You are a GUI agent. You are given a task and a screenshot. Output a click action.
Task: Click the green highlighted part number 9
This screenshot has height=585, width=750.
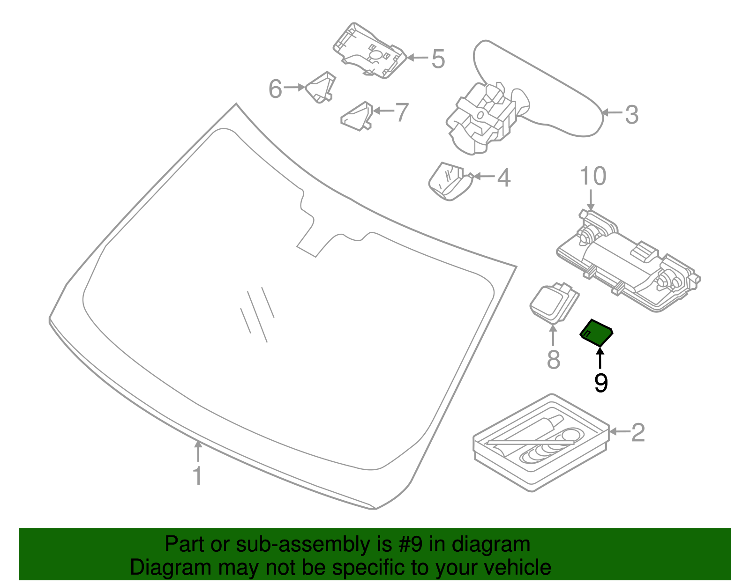pyautogui.click(x=596, y=333)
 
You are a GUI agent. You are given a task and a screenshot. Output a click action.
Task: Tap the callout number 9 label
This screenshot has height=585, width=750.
pyautogui.click(x=600, y=383)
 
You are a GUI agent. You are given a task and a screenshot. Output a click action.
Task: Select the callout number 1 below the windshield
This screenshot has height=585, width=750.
pyautogui.click(x=198, y=475)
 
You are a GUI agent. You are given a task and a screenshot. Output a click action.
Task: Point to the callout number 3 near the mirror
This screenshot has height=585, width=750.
pyautogui.click(x=631, y=114)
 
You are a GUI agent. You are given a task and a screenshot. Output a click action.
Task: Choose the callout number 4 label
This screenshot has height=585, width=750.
pyautogui.click(x=503, y=178)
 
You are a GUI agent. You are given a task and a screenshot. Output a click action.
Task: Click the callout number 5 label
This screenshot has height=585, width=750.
pyautogui.click(x=438, y=59)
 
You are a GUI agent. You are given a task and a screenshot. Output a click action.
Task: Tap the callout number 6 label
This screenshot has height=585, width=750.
pyautogui.click(x=276, y=89)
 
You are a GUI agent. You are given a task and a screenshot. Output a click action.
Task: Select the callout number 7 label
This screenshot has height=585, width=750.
pyautogui.click(x=402, y=112)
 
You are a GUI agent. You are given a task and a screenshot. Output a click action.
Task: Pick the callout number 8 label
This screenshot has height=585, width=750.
pyautogui.click(x=554, y=360)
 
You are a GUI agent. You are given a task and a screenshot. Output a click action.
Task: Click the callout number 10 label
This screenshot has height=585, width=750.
pyautogui.click(x=593, y=177)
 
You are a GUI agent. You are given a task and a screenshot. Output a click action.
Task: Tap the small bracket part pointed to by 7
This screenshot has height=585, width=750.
pyautogui.click(x=357, y=116)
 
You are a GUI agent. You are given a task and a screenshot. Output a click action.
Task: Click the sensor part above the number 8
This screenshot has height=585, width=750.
pyautogui.click(x=553, y=304)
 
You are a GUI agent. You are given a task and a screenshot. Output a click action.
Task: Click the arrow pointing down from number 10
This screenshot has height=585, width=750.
pyautogui.click(x=591, y=200)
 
